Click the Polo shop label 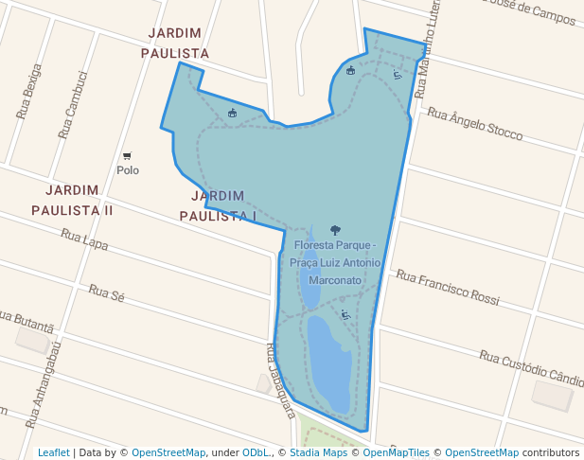(128, 170)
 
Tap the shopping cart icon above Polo (127, 156)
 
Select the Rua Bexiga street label (29, 92)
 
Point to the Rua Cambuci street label (73, 105)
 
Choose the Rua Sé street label (107, 291)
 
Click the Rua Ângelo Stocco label (474, 124)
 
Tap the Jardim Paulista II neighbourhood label (72, 200)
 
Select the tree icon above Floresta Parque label (335, 230)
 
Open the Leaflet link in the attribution (53, 453)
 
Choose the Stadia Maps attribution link (316, 453)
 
